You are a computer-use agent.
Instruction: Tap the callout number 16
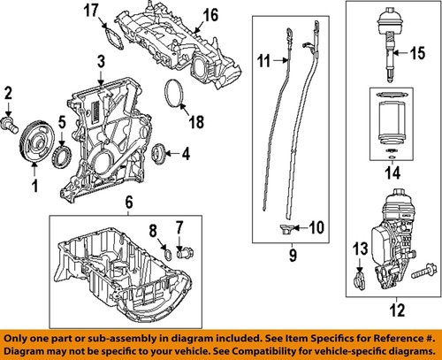point(210,15)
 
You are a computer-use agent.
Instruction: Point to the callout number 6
point(129,204)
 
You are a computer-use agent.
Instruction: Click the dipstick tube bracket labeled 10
point(283,231)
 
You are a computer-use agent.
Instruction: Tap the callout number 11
point(262,59)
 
